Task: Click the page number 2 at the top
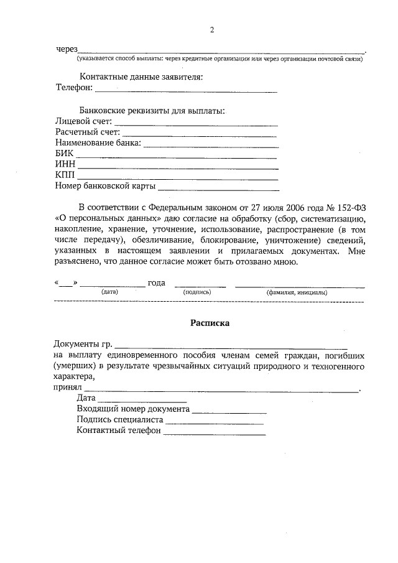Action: pos(211,30)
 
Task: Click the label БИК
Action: pos(64,154)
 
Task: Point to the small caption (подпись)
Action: pos(197,292)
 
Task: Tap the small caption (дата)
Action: pos(109,292)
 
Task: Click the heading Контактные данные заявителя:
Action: pos(141,77)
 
